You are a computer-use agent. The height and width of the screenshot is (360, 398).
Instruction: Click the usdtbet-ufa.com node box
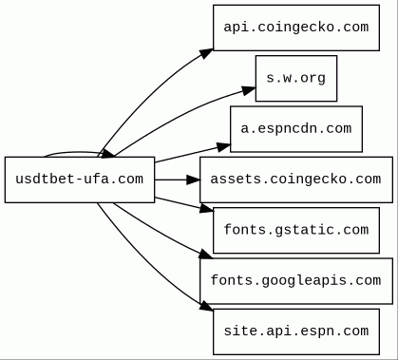click(x=80, y=180)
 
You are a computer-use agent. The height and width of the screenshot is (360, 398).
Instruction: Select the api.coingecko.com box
click(x=296, y=28)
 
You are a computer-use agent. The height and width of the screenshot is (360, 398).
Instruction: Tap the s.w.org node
click(x=296, y=78)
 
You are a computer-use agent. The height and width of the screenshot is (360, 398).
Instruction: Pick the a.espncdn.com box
click(x=296, y=129)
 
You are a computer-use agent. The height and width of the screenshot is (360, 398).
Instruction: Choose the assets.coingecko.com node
click(x=296, y=180)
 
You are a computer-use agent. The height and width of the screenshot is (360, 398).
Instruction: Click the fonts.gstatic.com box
click(x=296, y=230)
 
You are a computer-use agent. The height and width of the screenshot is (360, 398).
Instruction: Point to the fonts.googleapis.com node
click(x=296, y=281)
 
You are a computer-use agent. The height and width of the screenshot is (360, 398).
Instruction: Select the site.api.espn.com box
click(x=296, y=332)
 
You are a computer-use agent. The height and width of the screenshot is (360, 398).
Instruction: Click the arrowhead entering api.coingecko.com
click(x=206, y=53)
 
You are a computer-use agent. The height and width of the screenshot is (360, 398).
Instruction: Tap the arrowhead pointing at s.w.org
click(x=249, y=90)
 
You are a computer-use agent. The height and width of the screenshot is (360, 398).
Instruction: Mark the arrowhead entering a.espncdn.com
click(x=224, y=147)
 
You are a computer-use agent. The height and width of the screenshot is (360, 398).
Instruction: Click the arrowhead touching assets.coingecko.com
click(x=193, y=180)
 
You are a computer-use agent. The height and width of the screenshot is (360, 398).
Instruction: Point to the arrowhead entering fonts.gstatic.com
click(x=207, y=208)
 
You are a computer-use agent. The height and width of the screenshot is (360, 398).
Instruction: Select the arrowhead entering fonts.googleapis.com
click(x=206, y=255)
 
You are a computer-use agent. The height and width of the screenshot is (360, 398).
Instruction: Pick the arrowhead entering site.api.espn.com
click(x=206, y=306)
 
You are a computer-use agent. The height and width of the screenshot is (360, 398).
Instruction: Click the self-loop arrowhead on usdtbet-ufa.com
click(x=107, y=154)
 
